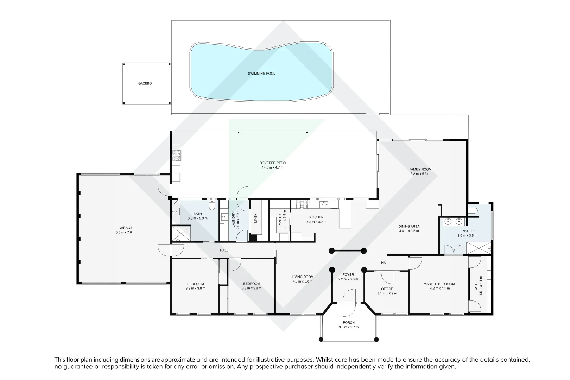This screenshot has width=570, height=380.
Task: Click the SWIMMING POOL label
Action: click(x=261, y=74)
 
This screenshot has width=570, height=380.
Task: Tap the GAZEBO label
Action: click(x=145, y=84)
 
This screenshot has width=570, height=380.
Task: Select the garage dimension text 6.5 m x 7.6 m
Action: click(x=125, y=232)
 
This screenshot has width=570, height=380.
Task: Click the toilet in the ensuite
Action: click(x=473, y=211)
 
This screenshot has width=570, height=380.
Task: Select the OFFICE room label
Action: click(x=387, y=289)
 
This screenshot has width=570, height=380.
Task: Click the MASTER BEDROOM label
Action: click(x=439, y=284)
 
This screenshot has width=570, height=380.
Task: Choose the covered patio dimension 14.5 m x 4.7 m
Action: click(x=272, y=167)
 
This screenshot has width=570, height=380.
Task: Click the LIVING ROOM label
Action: click(x=302, y=277)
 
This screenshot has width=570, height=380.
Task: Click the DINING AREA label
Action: click(x=409, y=227)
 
